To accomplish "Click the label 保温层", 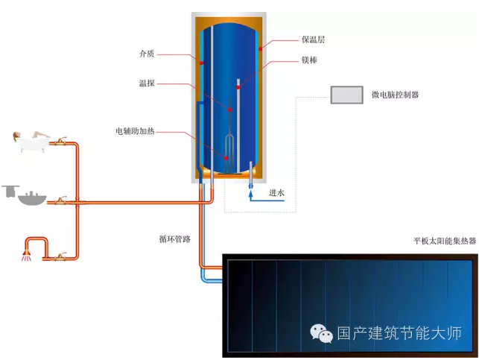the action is [x=313, y=40].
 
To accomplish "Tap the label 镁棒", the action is [x=309, y=60].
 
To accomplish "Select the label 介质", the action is [x=147, y=54].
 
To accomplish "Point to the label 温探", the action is [x=147, y=83].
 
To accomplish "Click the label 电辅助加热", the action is [x=135, y=131].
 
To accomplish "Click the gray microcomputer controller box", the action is [x=346, y=95].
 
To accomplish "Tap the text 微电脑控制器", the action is [x=395, y=95].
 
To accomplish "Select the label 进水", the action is [x=276, y=192].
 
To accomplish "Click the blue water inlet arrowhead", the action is [x=251, y=194].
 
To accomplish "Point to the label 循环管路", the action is [x=175, y=239].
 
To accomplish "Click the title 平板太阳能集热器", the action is [x=445, y=241].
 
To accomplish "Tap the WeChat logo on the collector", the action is [x=321, y=333].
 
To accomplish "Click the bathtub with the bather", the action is [x=31, y=142].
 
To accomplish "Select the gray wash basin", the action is [x=32, y=198].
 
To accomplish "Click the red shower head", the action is [x=27, y=255].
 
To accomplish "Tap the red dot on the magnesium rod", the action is [x=238, y=88].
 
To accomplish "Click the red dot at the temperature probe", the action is [x=229, y=110].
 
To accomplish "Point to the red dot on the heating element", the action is [x=226, y=158].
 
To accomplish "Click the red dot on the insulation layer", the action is [x=260, y=49].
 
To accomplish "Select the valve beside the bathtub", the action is [x=60, y=142].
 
